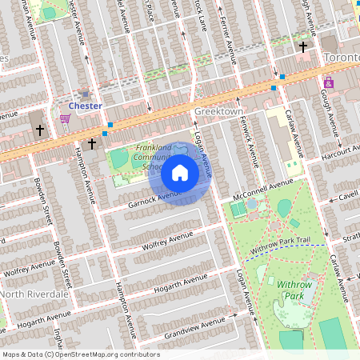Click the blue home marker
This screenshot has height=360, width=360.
point(180,172)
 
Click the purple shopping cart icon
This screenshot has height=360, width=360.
point(65,118)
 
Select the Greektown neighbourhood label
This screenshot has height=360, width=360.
point(218,113)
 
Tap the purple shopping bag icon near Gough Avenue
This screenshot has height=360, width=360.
point(329,82)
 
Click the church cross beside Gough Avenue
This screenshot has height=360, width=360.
point(303,47)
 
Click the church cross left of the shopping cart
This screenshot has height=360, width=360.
point(38,130)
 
